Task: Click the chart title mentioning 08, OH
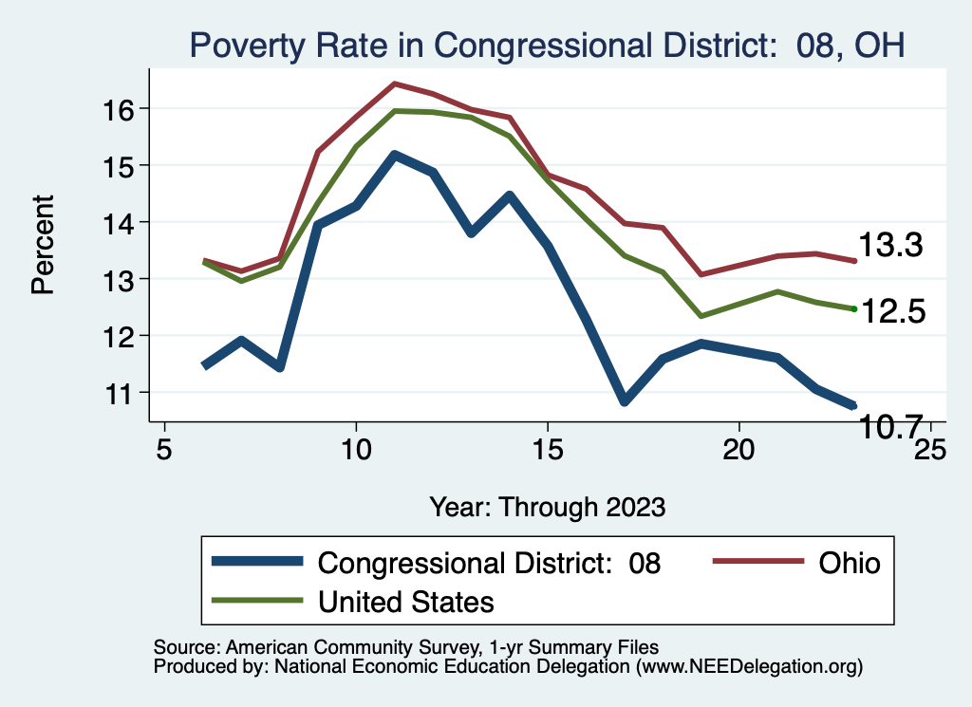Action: click(546, 45)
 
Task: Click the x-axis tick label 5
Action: click(164, 449)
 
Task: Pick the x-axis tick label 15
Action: click(547, 449)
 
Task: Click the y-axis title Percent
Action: click(44, 245)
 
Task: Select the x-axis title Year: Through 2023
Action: click(547, 506)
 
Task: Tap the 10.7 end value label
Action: click(890, 427)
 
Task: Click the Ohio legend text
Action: click(850, 564)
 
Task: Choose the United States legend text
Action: click(405, 602)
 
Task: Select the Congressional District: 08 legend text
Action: click(489, 564)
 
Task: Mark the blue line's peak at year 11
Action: click(394, 154)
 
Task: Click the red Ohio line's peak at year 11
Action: click(394, 84)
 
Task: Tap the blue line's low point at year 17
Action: click(624, 400)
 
